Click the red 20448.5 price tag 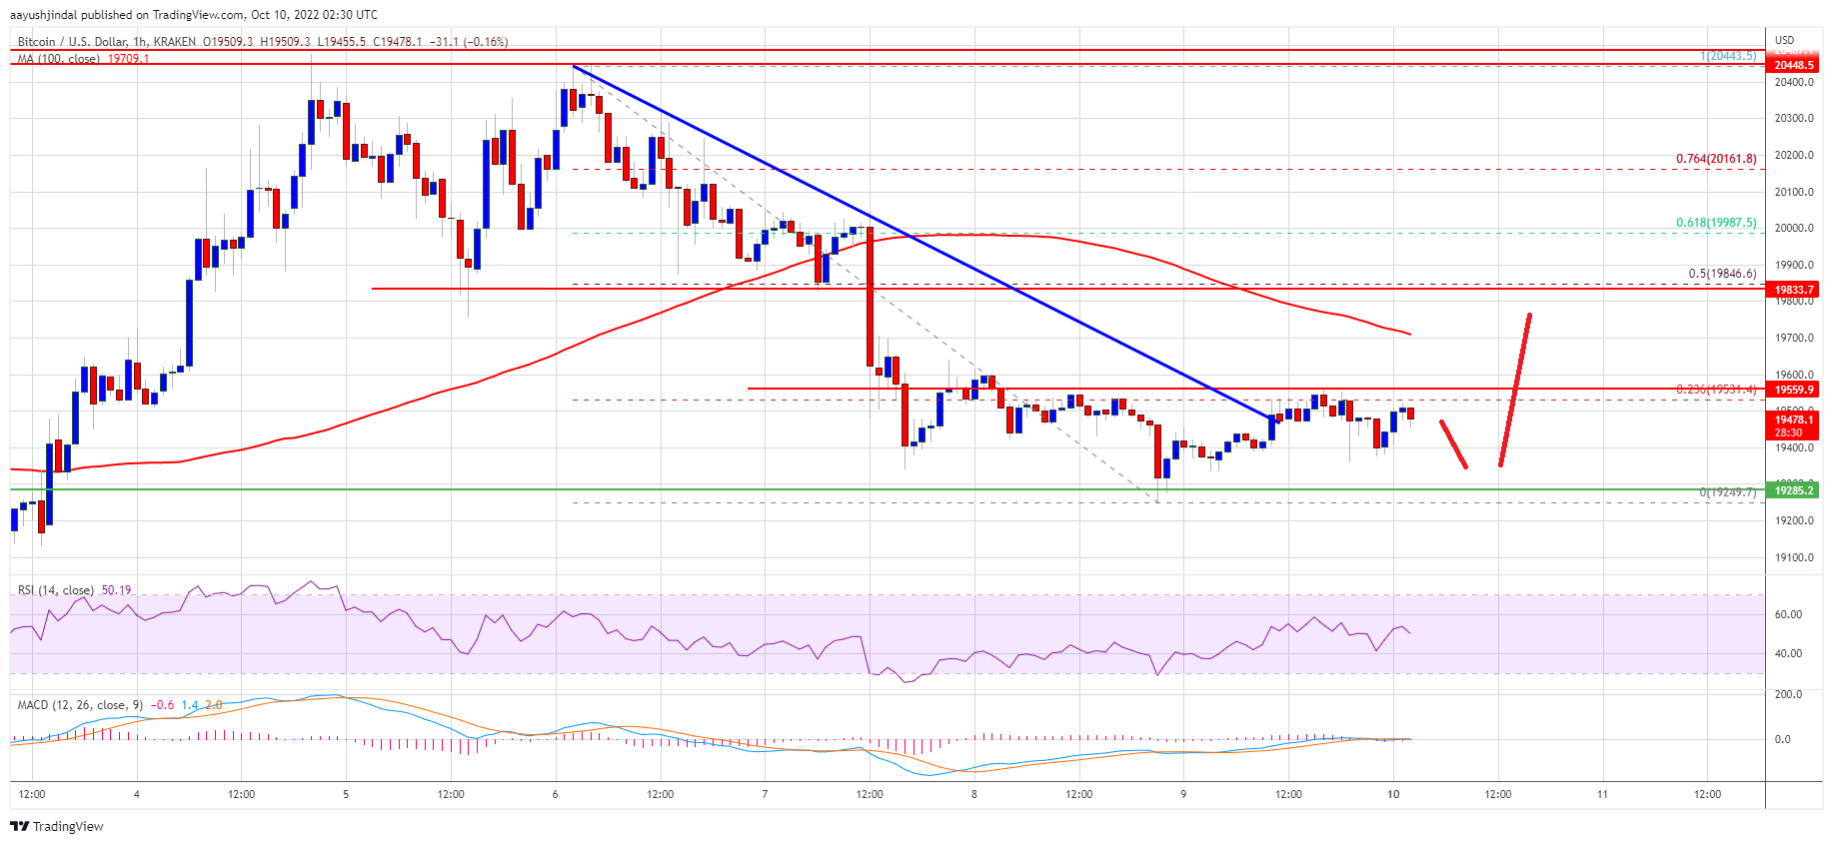(1793, 65)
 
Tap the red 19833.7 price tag (1793, 290)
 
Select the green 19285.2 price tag (1793, 489)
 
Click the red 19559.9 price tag (1793, 390)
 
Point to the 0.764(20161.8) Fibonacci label (1715, 159)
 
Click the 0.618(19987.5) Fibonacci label (1715, 223)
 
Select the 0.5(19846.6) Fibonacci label (1721, 274)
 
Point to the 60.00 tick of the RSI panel (1788, 614)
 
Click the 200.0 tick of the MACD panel (1788, 694)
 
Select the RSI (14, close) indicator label (56, 590)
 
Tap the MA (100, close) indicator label (59, 59)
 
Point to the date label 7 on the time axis (765, 795)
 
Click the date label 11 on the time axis (1602, 795)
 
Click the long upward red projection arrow (1515, 390)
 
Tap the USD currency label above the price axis (1784, 40)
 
